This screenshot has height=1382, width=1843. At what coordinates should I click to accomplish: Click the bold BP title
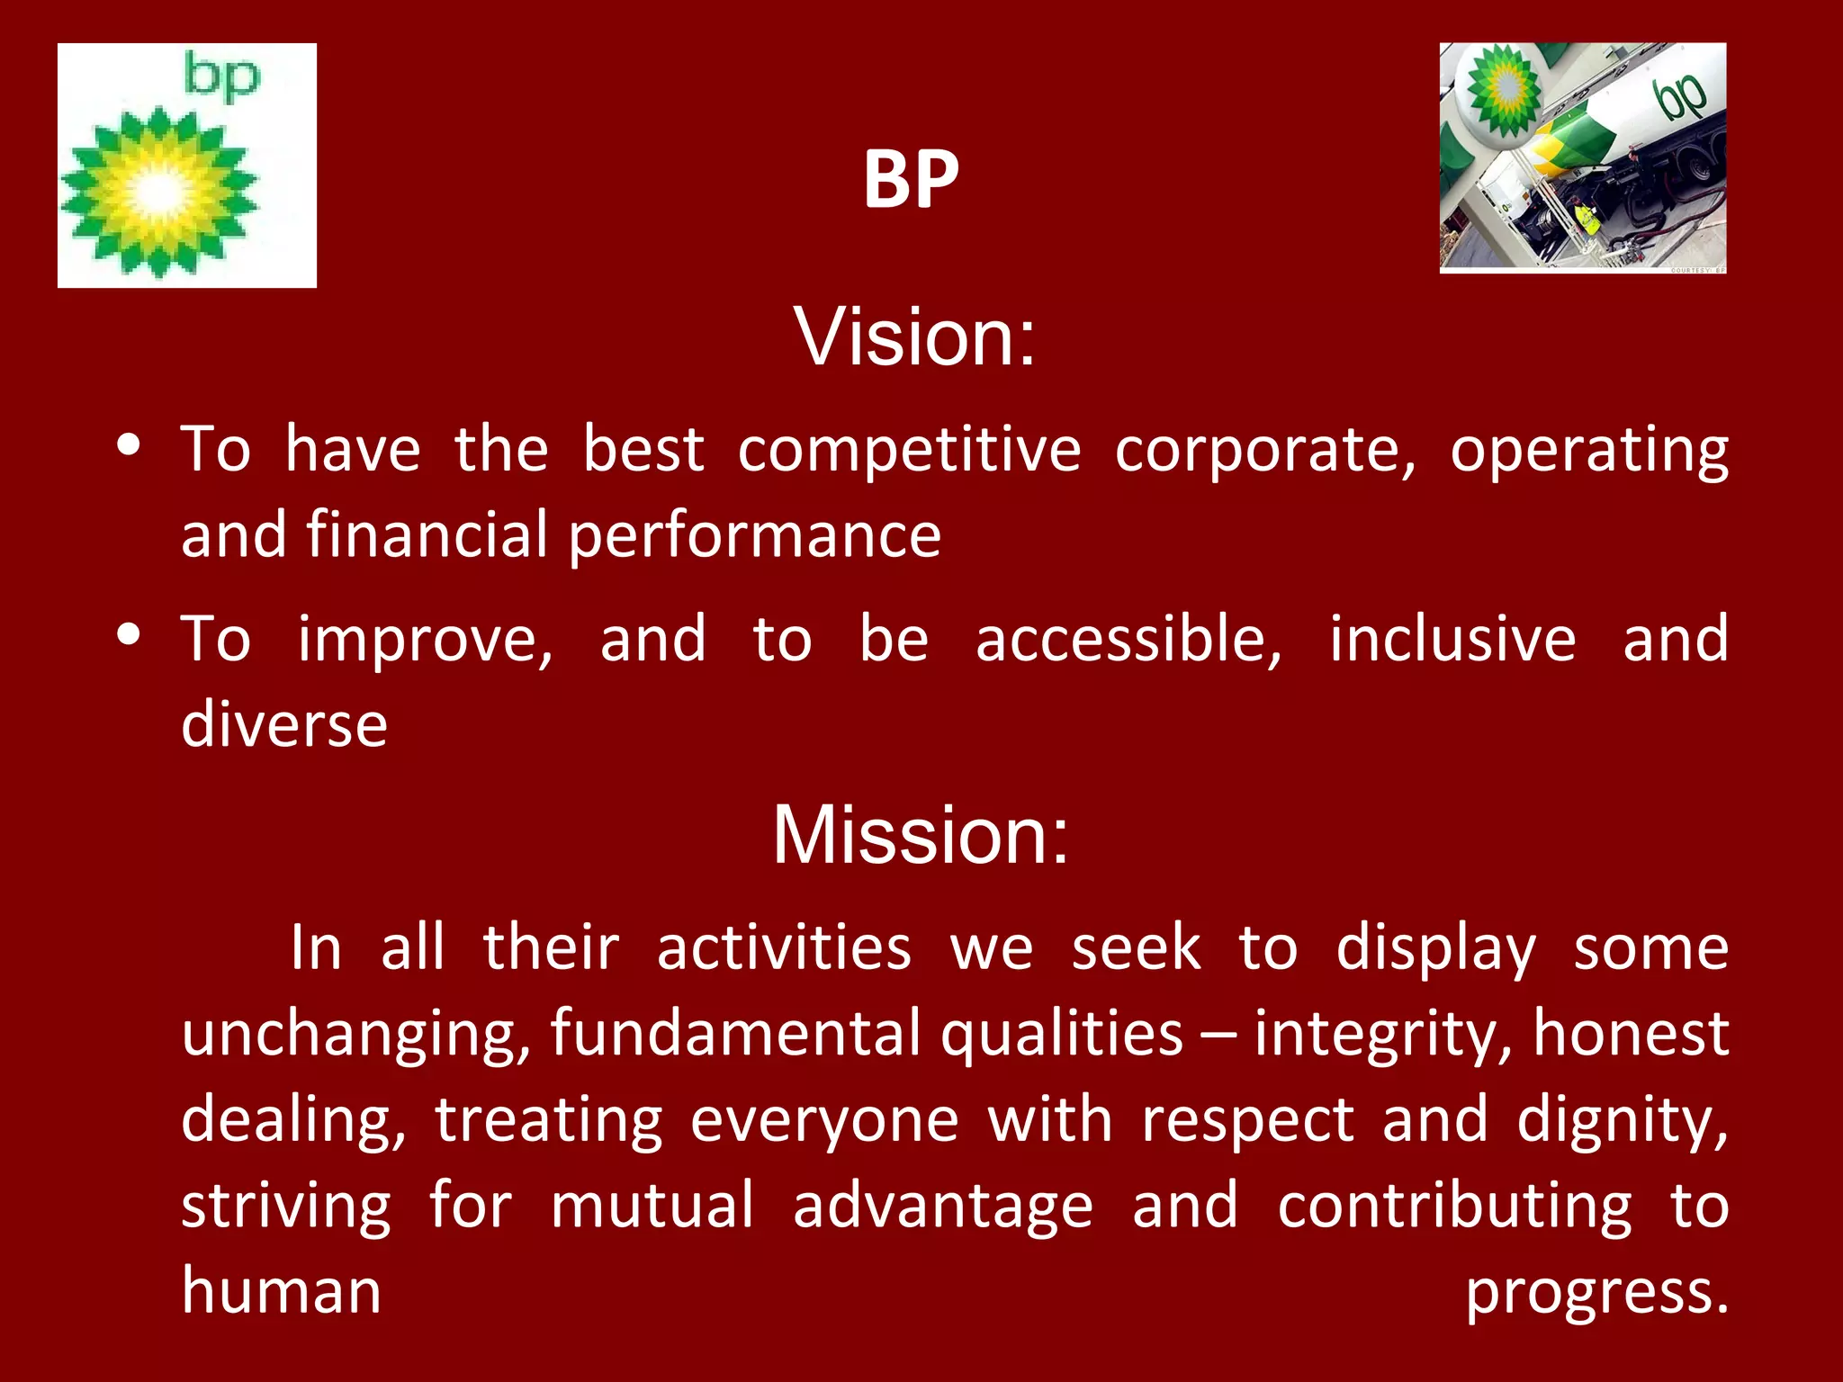click(x=911, y=180)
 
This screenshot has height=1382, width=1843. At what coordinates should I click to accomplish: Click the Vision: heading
click(x=914, y=337)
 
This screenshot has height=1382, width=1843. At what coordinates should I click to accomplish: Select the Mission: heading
click(x=921, y=836)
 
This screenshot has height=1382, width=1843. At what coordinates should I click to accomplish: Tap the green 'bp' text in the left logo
click(x=221, y=77)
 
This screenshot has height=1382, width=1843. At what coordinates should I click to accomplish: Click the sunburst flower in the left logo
click(x=159, y=192)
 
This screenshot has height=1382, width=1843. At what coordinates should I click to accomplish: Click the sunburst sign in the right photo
click(x=1503, y=89)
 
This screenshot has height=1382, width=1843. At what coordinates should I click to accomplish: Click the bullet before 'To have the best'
click(x=129, y=446)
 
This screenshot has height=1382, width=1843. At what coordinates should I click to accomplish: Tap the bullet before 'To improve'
click(x=129, y=635)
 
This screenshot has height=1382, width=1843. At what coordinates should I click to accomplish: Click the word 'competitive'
click(x=909, y=449)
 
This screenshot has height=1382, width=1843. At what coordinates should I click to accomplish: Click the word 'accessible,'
click(x=1128, y=640)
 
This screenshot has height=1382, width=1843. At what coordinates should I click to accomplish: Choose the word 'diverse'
click(x=284, y=724)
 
